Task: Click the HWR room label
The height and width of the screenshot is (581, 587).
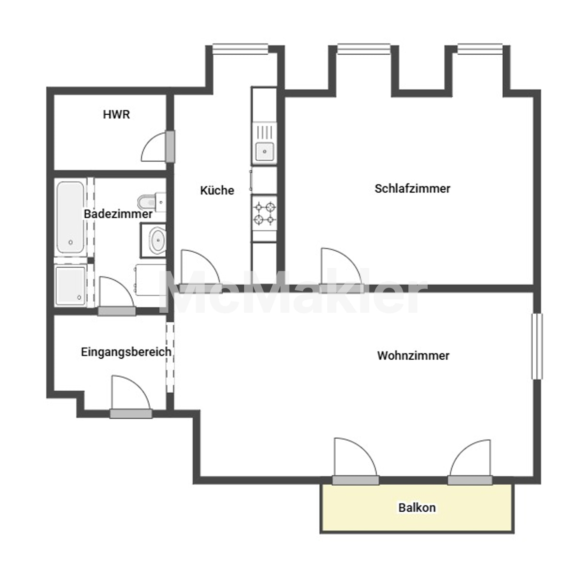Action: pos(116,115)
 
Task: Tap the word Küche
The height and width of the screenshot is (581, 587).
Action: pos(217,190)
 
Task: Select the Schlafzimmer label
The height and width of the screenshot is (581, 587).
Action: pos(413,189)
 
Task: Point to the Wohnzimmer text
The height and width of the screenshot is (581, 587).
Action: pos(413,355)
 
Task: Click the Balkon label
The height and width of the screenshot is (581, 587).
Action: pos(417,507)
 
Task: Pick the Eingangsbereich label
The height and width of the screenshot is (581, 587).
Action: pos(126,352)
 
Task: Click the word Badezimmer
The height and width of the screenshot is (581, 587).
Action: pos(118,214)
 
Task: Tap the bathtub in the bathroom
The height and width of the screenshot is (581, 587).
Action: pos(70,217)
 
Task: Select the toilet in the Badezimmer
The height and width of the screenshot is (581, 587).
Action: pos(152,202)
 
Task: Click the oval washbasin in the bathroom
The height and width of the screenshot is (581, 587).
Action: pos(157,240)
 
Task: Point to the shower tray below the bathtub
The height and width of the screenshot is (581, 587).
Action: pos(70,286)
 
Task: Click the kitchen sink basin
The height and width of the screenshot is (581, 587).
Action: pos(264,152)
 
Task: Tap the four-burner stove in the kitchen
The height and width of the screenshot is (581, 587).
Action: pos(264,213)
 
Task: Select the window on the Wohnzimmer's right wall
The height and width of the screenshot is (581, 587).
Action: pos(537,346)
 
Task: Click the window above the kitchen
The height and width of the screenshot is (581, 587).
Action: pos(240,49)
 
